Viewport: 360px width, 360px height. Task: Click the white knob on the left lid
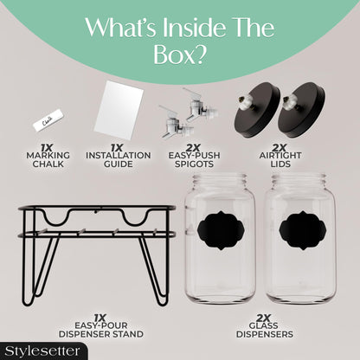pyautogui.click(x=241, y=101)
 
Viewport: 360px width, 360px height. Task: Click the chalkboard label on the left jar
pyautogui.click(x=221, y=230)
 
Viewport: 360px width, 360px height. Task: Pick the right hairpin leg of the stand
pyautogui.click(x=154, y=268)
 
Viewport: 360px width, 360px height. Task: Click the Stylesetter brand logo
pyautogui.click(x=42, y=351)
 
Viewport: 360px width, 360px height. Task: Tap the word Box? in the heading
pyautogui.click(x=180, y=55)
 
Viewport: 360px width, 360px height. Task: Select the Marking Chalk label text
pyautogui.click(x=48, y=160)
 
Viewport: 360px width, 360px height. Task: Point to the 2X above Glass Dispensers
pyautogui.click(x=263, y=318)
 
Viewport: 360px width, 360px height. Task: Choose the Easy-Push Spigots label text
pyautogui.click(x=195, y=160)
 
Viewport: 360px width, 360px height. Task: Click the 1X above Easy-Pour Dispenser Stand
pyautogui.click(x=100, y=318)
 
